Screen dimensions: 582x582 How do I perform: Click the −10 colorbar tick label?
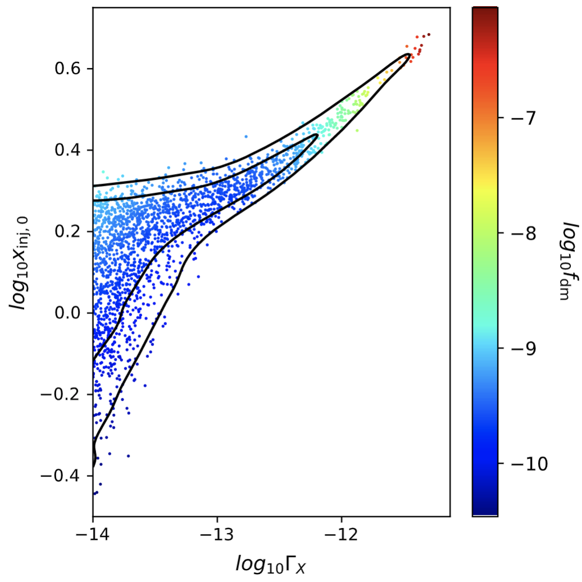click(526, 464)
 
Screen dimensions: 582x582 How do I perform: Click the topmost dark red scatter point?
click(429, 34)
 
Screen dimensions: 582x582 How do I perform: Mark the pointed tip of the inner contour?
click(317, 135)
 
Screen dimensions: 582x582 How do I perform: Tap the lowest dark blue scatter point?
click(95, 494)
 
